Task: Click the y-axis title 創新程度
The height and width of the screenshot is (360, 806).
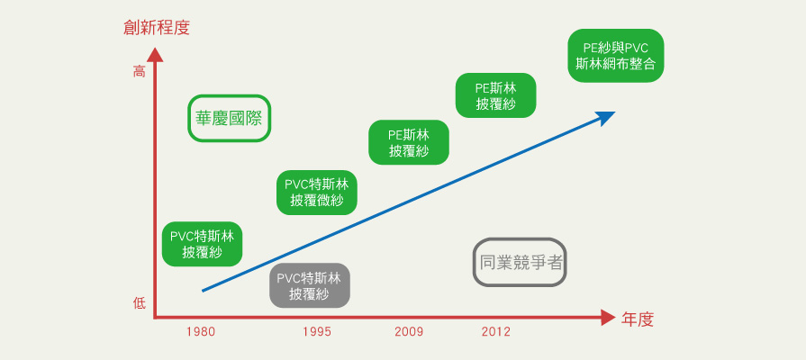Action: pos(157,27)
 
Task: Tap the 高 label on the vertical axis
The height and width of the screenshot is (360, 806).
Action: pos(140,72)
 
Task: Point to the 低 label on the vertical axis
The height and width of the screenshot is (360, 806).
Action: pos(140,303)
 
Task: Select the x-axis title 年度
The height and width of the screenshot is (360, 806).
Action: pos(638,319)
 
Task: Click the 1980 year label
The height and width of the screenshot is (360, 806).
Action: pos(201,332)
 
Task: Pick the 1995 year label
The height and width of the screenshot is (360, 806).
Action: pos(317,332)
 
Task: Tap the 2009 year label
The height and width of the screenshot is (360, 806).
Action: pos(409,332)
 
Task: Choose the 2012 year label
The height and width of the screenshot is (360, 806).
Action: pos(496,332)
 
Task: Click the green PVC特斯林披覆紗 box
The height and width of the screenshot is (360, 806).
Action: pos(202,244)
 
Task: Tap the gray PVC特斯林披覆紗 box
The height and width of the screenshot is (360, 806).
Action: pos(310,285)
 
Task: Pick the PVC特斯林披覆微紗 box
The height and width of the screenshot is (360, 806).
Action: pos(317,193)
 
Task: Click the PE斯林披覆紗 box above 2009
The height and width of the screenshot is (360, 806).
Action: pos(409,142)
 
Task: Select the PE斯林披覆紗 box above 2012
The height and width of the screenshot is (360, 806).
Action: pos(496,95)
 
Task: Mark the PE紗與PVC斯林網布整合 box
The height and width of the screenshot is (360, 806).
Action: pos(616,56)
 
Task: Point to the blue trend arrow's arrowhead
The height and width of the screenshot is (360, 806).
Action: pos(607,118)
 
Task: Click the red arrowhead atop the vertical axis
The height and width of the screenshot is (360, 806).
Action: pos(155,54)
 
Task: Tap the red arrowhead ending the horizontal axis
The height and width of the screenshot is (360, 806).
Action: pos(608,318)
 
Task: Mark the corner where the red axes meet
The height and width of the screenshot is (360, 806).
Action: pos(155,318)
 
